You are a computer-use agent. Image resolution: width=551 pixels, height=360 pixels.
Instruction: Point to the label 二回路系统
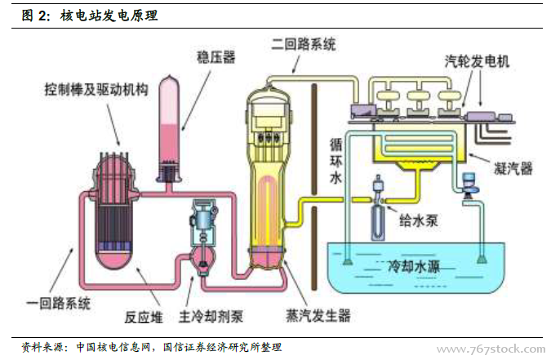click(x=307, y=45)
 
